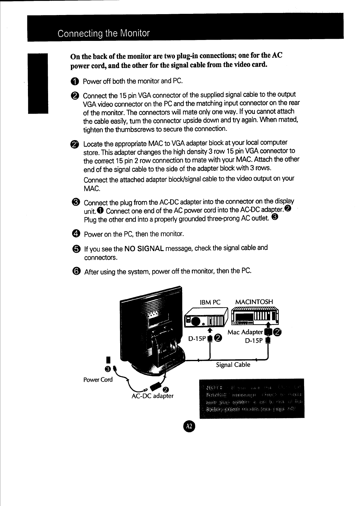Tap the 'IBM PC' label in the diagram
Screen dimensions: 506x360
click(210, 302)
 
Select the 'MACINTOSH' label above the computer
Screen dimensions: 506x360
click(254, 302)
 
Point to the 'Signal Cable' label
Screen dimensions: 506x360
click(233, 365)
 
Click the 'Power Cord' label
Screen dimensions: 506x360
click(98, 379)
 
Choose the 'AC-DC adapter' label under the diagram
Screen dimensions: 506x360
click(152, 396)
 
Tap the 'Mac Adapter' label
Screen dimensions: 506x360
click(245, 332)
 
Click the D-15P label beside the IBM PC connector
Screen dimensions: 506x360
click(197, 339)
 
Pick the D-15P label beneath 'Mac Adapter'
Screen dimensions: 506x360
click(254, 341)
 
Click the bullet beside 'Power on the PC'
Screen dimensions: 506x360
click(76, 234)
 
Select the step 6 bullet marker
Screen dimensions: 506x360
click(77, 271)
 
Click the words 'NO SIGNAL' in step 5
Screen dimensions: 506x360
click(144, 249)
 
